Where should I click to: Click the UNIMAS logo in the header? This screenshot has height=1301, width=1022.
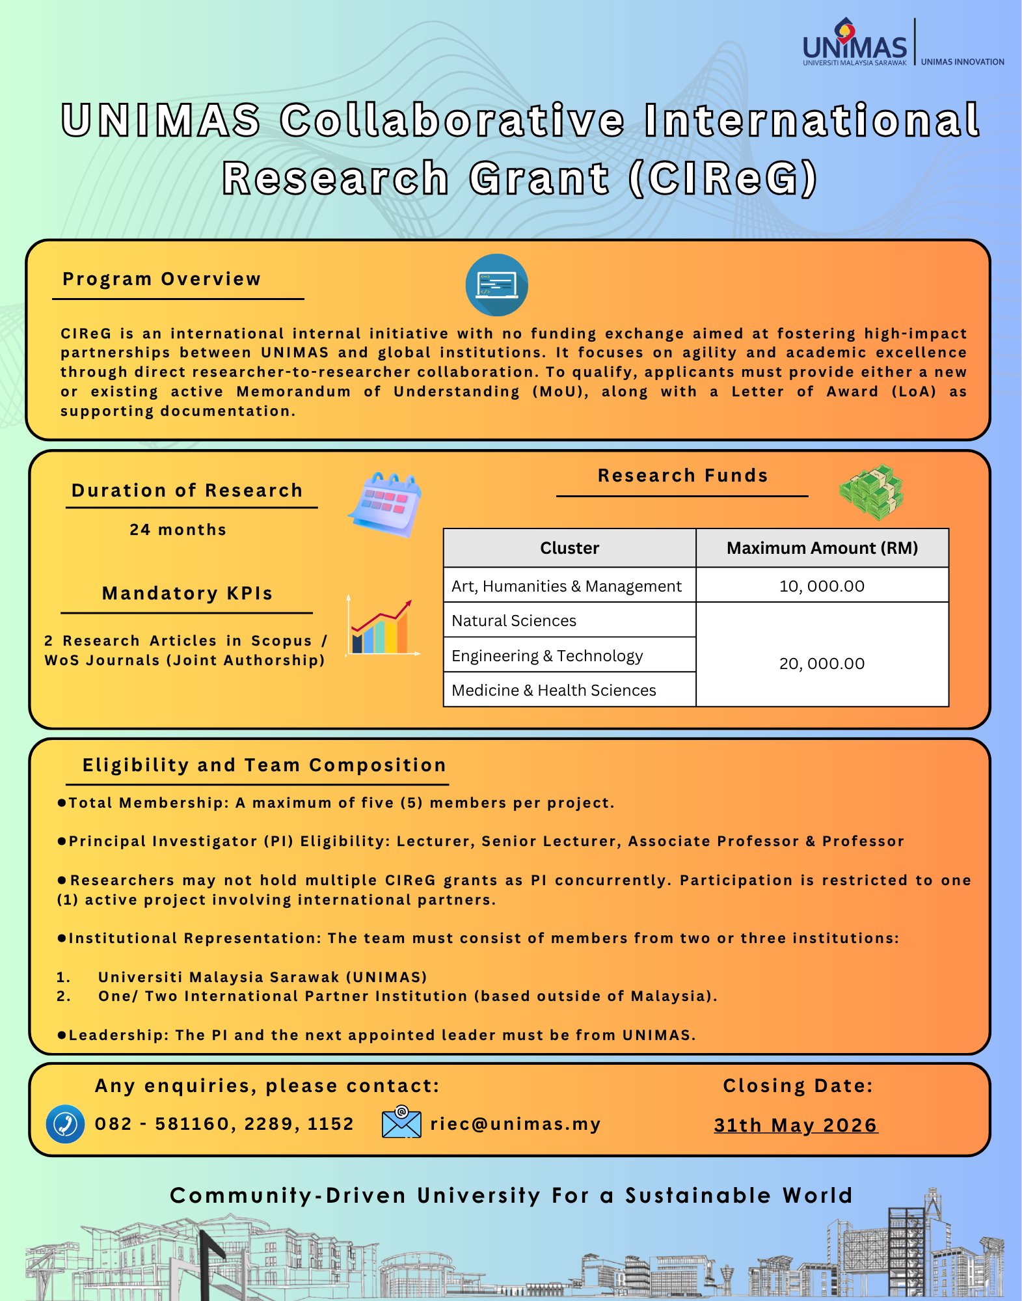point(854,43)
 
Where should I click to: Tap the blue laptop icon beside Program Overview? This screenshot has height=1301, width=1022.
point(496,285)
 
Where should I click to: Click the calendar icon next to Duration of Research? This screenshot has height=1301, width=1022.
point(386,504)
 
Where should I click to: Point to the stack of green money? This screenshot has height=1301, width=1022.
point(871,492)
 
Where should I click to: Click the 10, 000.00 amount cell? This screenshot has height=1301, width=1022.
point(822,586)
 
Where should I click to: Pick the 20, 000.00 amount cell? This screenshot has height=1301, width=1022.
point(822,663)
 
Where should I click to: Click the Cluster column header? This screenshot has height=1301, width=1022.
point(569,548)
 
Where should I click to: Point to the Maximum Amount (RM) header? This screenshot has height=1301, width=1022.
point(822,548)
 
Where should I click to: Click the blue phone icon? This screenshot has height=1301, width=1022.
point(65,1124)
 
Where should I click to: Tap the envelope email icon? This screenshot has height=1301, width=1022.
point(401,1122)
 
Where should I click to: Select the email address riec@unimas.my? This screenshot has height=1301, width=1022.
point(515,1124)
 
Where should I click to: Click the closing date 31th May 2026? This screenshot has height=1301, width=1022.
point(796,1125)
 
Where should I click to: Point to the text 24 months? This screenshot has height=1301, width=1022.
point(178,530)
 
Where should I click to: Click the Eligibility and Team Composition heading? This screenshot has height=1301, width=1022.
point(264,765)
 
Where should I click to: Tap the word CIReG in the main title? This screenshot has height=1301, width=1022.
point(723,178)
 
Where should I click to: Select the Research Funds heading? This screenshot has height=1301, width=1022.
point(682,476)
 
